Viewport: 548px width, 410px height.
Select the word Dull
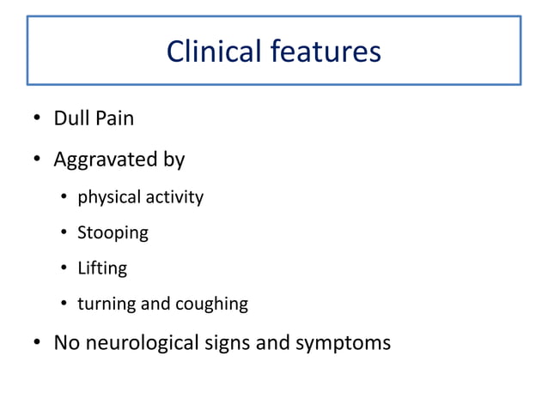70,118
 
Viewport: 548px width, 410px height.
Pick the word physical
109,198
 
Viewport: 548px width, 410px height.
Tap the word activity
174,198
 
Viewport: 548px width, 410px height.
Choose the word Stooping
113,233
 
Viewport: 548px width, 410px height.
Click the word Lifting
102,268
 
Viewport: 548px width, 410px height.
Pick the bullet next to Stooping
64,233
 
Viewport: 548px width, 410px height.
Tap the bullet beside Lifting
64,269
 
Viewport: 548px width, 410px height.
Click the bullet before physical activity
64,198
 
